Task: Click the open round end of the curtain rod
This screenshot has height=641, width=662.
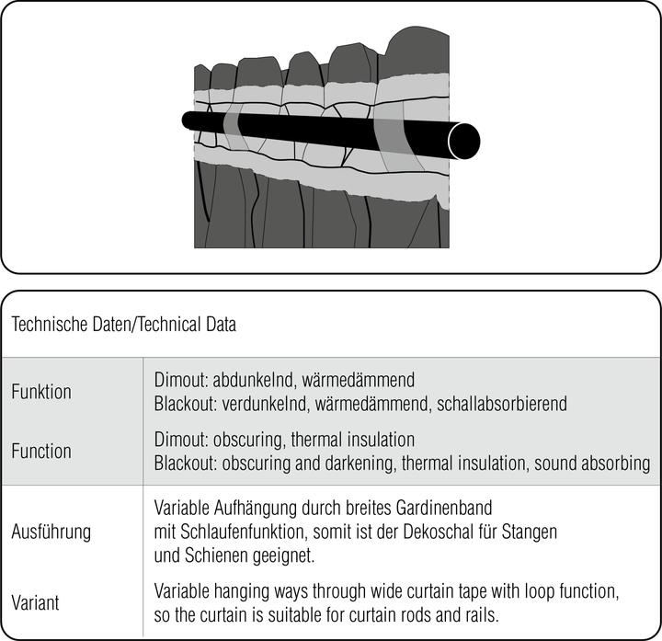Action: click(462, 140)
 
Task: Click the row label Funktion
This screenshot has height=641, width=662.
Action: click(40, 392)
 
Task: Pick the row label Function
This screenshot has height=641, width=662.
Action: click(40, 452)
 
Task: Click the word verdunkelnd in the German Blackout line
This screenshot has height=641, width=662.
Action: click(260, 402)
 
